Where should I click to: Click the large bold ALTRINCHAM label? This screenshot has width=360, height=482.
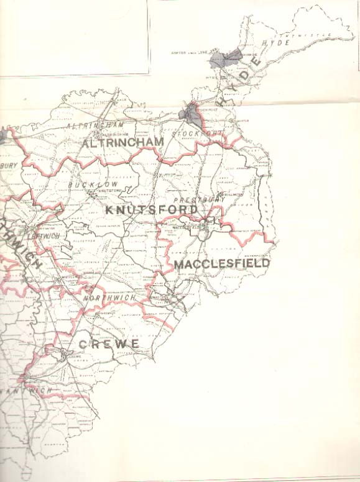122,142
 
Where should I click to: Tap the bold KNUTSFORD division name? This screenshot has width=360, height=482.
151,210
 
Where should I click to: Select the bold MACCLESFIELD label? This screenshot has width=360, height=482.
222,263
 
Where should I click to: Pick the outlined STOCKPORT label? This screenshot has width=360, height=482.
197,134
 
